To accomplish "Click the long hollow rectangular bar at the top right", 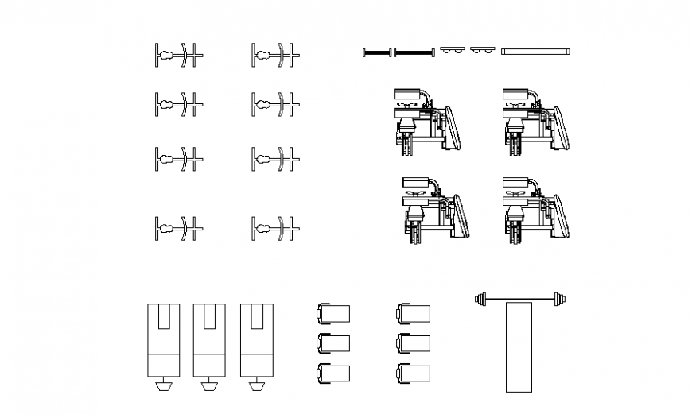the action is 535,52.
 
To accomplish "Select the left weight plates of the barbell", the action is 480,299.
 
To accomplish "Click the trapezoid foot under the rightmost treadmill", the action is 256,386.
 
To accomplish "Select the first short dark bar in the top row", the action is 378,53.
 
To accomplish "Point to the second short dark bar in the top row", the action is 414,53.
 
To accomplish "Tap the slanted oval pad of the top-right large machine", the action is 561,127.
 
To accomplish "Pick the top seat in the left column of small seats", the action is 334,313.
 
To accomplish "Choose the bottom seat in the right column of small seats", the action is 414,372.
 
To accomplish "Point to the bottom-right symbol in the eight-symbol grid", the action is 275,229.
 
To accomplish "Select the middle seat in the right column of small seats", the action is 414,342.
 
